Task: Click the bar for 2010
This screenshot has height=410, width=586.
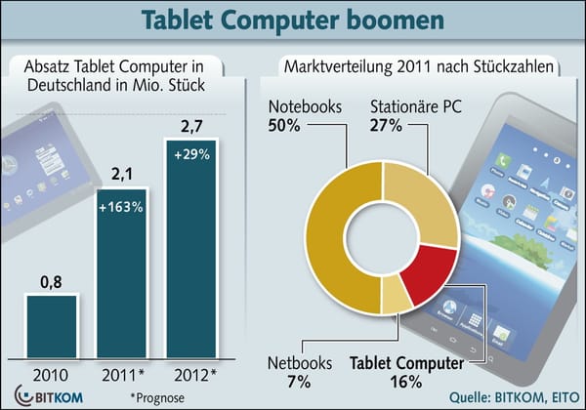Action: [x=50, y=325]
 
